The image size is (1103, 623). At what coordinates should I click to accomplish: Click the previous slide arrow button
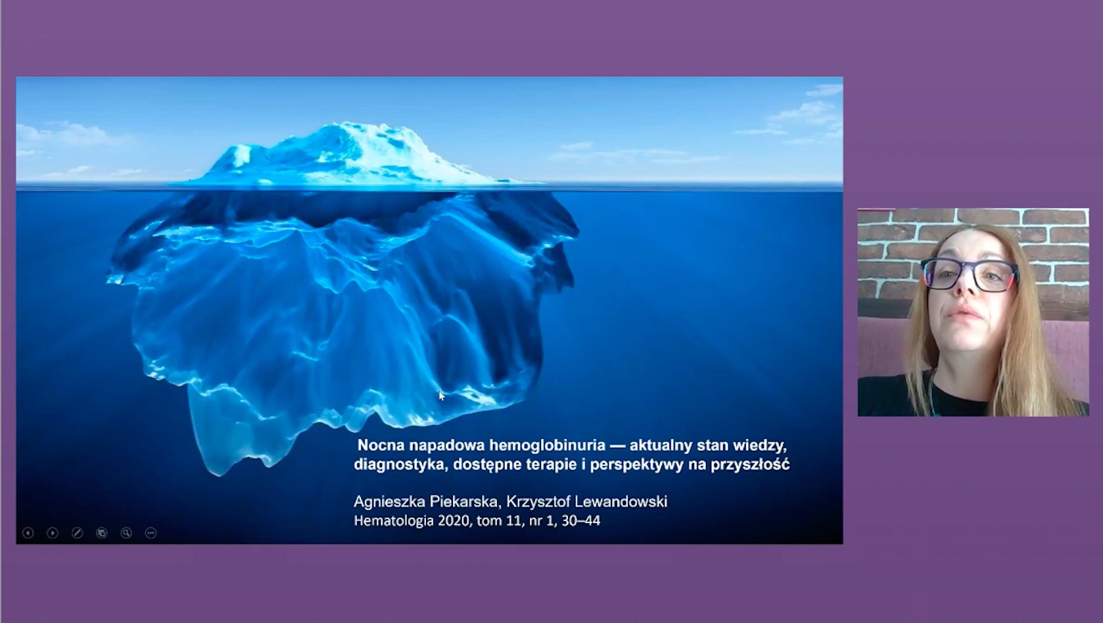pyautogui.click(x=28, y=533)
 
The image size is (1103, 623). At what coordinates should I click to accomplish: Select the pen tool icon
pyautogui.click(x=77, y=533)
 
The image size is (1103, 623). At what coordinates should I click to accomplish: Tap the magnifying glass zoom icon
pyautogui.click(x=127, y=533)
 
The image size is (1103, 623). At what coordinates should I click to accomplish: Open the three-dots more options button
pyautogui.click(x=151, y=533)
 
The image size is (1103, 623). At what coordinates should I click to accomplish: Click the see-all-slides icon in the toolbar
pyautogui.click(x=102, y=533)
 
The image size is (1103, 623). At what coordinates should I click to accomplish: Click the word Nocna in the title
pyautogui.click(x=381, y=445)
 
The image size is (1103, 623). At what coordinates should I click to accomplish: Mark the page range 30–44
pyautogui.click(x=581, y=520)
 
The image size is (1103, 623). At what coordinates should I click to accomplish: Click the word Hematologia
pyautogui.click(x=394, y=521)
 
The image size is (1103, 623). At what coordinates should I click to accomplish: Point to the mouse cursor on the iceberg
pyautogui.click(x=441, y=396)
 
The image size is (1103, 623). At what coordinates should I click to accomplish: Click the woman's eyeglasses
pyautogui.click(x=969, y=274)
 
